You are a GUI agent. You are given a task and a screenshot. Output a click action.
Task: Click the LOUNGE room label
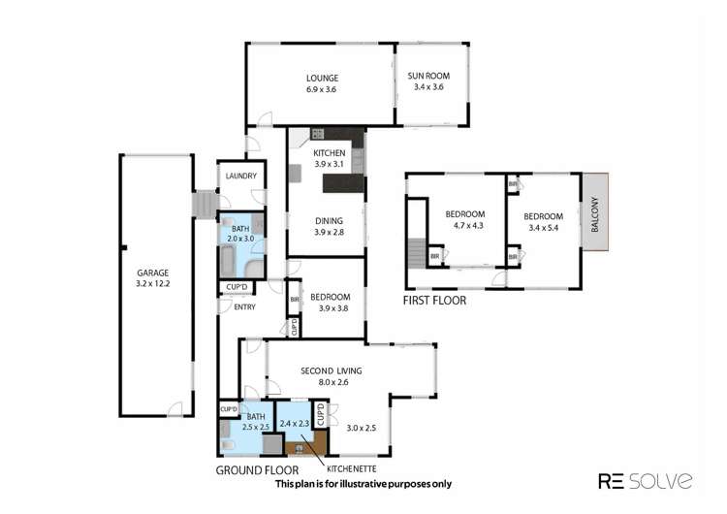(x=320, y=79)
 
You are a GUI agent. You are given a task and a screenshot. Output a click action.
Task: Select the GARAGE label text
(x=154, y=273)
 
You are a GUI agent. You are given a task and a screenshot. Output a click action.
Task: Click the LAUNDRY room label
(x=239, y=176)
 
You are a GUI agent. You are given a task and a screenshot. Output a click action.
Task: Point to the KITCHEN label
(x=329, y=154)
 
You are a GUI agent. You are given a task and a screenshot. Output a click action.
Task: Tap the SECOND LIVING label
(x=332, y=370)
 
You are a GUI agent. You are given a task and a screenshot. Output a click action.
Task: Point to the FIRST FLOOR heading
(x=434, y=302)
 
